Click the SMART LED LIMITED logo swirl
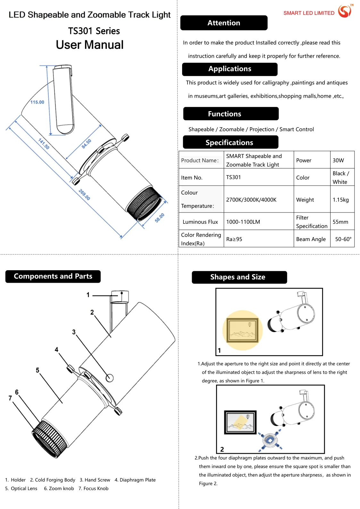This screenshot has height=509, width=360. tap(345, 11)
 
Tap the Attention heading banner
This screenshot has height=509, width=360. tap(224, 23)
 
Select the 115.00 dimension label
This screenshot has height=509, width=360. tap(37, 102)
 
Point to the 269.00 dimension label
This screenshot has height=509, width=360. tap(84, 195)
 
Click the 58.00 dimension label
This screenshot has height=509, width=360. tap(159, 218)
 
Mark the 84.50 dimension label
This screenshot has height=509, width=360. tap(86, 144)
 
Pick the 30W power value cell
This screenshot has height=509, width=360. tap(338, 160)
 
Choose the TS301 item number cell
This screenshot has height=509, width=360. tap(233, 177)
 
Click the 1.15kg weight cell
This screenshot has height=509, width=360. tap(340, 200)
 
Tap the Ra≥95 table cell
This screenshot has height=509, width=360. tap(234, 239)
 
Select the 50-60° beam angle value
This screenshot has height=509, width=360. tap(343, 239)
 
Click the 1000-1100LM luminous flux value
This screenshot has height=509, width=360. tap(243, 222)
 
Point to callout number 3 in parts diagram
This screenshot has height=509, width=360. tap(74, 332)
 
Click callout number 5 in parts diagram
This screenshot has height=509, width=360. tap(38, 370)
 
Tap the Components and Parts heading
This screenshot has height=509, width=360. tap(53, 276)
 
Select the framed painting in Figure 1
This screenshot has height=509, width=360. tap(242, 330)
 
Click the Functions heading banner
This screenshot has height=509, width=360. tap(224, 114)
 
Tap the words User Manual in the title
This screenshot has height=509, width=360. tap(90, 45)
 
